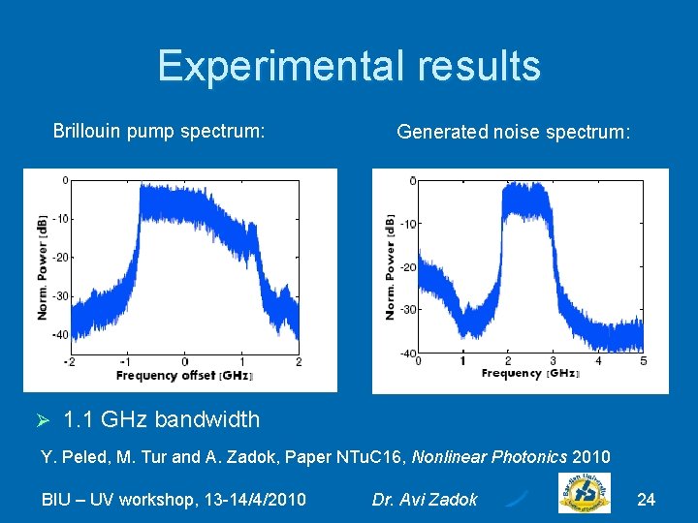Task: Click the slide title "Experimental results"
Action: (349, 66)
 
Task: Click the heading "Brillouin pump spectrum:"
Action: (159, 131)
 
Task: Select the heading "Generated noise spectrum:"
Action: (513, 132)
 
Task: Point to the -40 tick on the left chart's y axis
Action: (60, 335)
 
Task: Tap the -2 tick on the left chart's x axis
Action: (69, 361)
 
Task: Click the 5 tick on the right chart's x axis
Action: (643, 361)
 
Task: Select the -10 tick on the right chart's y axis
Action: (408, 224)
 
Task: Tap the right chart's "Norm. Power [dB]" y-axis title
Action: (390, 265)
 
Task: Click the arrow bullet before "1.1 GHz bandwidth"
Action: (42, 420)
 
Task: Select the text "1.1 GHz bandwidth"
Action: (161, 419)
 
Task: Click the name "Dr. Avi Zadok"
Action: (425, 500)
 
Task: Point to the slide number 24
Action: (646, 500)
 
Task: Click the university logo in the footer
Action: (584, 492)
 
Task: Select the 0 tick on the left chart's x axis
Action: (184, 361)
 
